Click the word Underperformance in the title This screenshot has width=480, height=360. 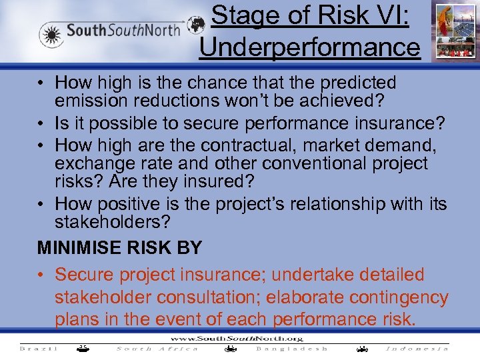[x=309, y=47]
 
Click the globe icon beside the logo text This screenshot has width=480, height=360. [x=196, y=26]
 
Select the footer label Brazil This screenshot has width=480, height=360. [x=39, y=348]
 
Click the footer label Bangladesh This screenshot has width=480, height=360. [x=292, y=348]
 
